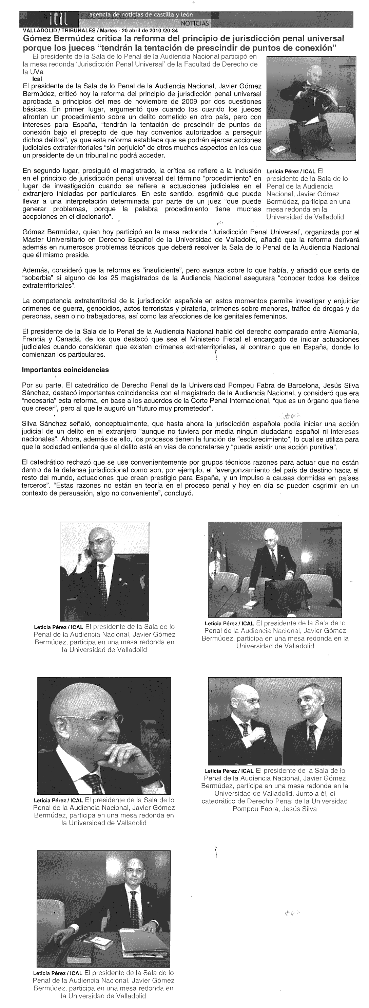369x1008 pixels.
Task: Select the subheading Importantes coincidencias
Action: (65, 370)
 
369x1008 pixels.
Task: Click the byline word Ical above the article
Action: (26, 79)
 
